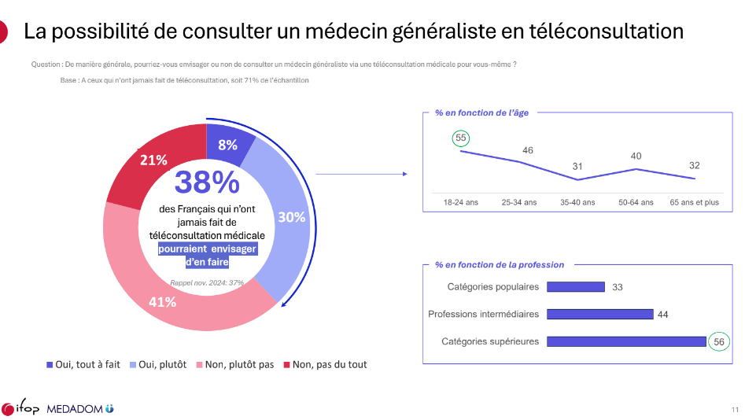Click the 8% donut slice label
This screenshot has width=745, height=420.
227,145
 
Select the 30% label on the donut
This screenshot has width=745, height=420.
291,217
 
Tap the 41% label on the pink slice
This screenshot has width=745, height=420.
163,301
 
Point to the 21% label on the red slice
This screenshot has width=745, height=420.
153,160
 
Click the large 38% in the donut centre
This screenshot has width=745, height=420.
206,182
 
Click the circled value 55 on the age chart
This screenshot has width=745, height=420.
461,138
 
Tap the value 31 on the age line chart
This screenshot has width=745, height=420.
577,166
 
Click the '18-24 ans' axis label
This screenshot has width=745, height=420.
461,202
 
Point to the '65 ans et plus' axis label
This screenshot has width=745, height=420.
694,202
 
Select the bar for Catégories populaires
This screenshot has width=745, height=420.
575,287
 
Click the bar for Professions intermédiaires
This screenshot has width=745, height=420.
599,314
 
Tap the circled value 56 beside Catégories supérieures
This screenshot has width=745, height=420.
718,341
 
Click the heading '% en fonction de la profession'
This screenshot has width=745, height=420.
499,265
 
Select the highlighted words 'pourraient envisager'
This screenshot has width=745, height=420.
206,249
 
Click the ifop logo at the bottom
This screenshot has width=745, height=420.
20,408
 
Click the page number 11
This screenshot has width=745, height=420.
734,409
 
